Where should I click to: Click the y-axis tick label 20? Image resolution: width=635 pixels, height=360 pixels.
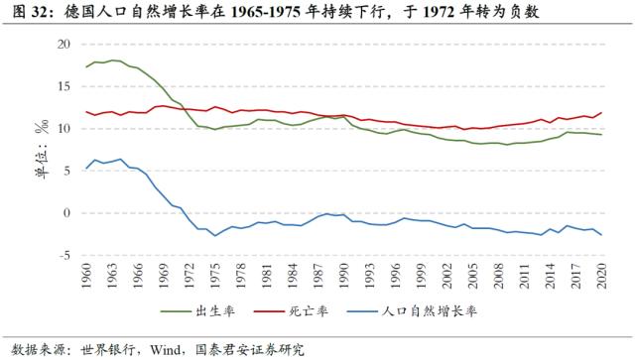pos(65,45)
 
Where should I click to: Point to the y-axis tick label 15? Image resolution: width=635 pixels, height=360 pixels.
pos(65,86)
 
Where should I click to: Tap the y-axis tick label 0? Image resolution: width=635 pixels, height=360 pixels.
pos(68,213)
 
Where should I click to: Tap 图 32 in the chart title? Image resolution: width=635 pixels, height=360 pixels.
pos(31,13)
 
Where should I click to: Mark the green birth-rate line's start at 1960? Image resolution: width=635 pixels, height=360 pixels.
pos(87,66)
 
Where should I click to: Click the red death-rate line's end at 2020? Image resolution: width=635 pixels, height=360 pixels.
pos(601,113)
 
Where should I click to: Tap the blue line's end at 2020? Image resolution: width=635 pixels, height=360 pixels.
pos(601,235)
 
